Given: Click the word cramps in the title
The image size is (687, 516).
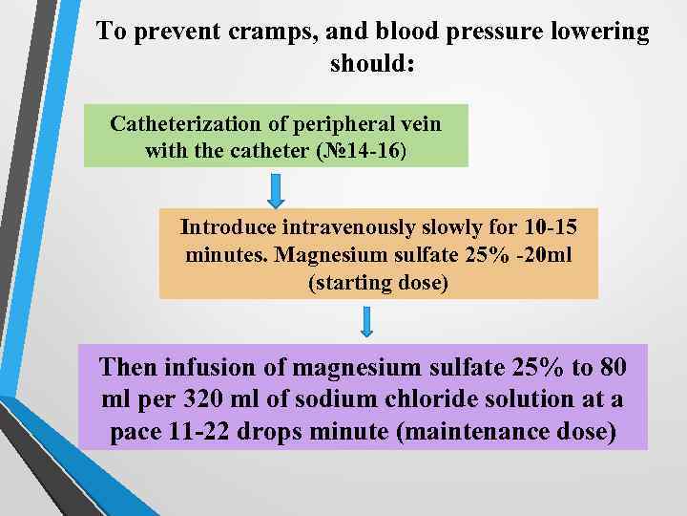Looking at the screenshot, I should [284, 32].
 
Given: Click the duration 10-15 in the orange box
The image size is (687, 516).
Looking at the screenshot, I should [551, 227].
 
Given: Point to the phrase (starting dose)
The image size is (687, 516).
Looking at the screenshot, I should [378, 283].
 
